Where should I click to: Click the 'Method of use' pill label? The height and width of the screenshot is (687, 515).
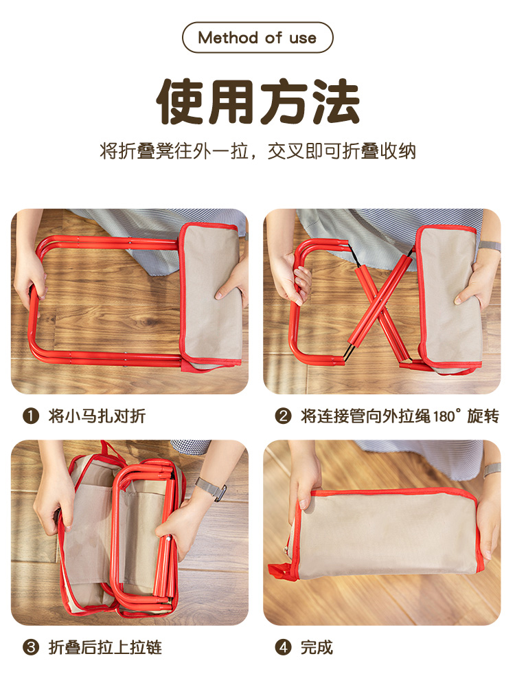[x=257, y=38]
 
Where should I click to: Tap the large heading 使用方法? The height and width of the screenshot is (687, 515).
[x=258, y=102]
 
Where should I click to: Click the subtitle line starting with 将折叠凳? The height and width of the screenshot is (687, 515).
[x=257, y=151]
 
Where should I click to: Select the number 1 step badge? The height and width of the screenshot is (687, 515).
[x=31, y=416]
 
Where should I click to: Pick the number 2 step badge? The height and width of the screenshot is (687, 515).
[x=283, y=416]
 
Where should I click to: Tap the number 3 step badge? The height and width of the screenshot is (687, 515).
[x=31, y=647]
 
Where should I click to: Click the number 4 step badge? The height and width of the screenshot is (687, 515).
[x=283, y=647]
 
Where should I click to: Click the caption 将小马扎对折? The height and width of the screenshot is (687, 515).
[x=97, y=416]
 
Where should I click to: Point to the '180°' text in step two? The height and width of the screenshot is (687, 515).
[x=447, y=416]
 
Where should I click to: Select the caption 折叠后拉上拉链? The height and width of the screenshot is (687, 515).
[x=105, y=647]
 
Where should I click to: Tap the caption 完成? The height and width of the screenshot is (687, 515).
[x=317, y=647]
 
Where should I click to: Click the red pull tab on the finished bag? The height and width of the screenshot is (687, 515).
[x=280, y=572]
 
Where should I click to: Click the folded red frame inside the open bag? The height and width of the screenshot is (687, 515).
[x=144, y=534]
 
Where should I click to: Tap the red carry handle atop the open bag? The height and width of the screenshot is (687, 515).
[x=108, y=450]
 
